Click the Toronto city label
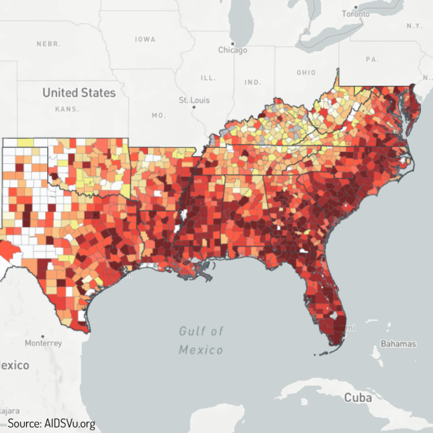355,14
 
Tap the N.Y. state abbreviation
414,25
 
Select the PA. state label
372,59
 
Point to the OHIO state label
306,72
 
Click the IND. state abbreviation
252,83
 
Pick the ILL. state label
208,78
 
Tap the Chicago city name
232,51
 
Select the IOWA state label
145,39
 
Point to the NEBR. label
49,43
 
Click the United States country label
79,93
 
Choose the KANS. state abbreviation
68,109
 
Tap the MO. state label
158,115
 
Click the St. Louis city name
194,100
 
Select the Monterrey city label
43,343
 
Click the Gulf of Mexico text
201,340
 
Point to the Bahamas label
398,344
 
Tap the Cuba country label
358,398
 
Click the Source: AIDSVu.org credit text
51,423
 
